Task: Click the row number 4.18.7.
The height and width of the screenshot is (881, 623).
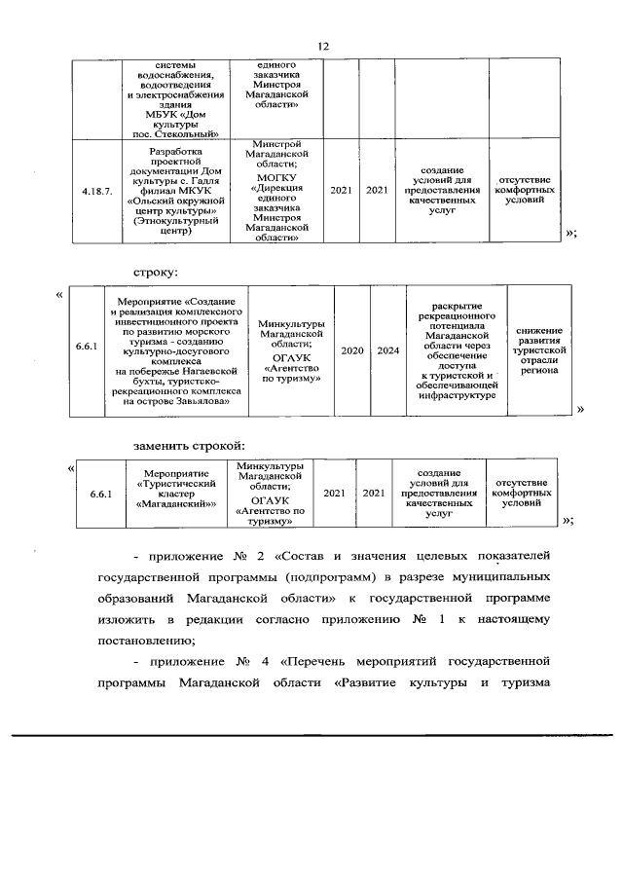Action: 96,191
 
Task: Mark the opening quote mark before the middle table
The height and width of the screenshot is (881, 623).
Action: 61,294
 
